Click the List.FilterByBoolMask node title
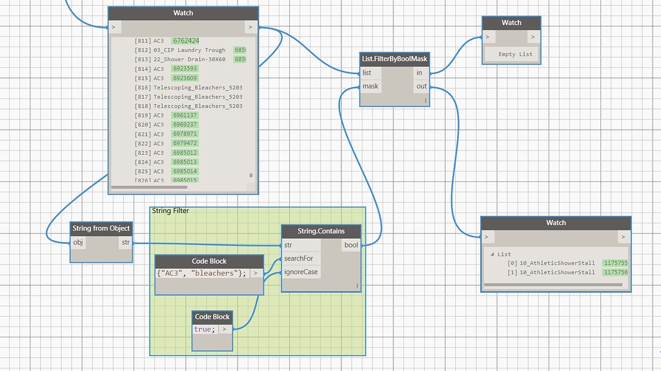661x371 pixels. (x=394, y=59)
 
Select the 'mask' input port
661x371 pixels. (x=371, y=86)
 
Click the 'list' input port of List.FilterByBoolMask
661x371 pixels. (x=367, y=73)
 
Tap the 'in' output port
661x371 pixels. (x=420, y=73)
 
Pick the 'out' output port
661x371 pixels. (x=421, y=86)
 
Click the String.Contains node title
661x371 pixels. (x=321, y=231)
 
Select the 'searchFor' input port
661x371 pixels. (x=298, y=259)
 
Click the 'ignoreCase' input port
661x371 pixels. (x=301, y=272)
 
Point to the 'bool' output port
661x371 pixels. (x=351, y=245)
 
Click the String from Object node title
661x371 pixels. (x=101, y=228)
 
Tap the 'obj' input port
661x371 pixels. (x=78, y=243)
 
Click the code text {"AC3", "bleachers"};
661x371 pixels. (x=201, y=273)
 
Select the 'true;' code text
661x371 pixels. (x=205, y=329)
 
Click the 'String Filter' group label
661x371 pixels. (x=170, y=211)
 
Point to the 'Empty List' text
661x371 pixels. (x=515, y=54)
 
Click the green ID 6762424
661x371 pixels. (x=185, y=41)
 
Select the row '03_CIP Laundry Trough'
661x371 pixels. (x=189, y=50)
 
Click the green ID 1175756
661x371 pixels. (x=615, y=272)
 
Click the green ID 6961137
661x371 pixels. (x=185, y=115)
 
